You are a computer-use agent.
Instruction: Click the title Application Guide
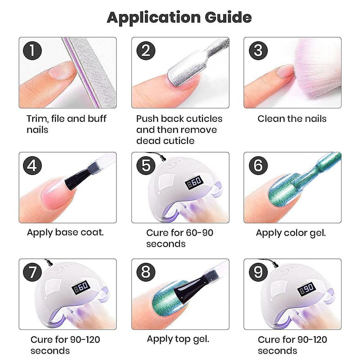(179, 18)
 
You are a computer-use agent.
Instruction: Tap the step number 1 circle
(32, 51)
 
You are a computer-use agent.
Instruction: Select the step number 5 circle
(146, 165)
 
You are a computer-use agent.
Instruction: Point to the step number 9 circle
(258, 272)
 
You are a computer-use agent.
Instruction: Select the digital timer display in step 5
(194, 182)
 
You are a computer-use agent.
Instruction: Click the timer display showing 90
(307, 289)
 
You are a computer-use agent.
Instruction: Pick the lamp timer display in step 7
(81, 288)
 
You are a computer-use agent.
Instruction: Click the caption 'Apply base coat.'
(65, 233)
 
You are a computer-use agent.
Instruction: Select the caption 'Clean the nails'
(292, 119)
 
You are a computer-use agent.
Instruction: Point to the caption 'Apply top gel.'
(178, 339)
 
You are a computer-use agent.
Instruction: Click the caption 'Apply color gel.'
(291, 233)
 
